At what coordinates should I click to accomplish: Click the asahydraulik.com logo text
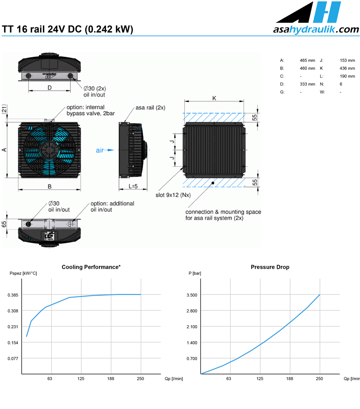click(316, 29)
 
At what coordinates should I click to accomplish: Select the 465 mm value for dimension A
click(307, 61)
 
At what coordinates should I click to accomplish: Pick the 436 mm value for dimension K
click(347, 68)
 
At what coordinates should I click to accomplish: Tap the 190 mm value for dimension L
click(347, 76)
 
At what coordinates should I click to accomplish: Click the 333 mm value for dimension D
click(307, 84)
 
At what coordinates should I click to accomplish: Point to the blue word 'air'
click(100, 150)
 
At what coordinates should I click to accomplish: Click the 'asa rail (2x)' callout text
click(150, 108)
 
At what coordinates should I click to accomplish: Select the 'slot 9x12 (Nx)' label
click(173, 195)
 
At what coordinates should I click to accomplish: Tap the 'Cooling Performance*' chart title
click(91, 267)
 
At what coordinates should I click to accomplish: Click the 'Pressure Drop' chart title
click(270, 267)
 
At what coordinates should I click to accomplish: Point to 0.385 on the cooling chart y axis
click(13, 295)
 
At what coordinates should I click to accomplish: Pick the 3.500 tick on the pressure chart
click(192, 295)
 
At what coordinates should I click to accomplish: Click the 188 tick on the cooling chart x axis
click(110, 378)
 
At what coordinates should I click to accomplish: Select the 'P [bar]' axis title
click(195, 273)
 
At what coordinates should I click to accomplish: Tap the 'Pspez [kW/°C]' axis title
click(23, 273)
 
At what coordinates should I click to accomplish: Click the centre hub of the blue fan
click(49, 150)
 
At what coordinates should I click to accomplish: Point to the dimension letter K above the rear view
click(214, 98)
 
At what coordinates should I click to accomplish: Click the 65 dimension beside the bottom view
click(4, 224)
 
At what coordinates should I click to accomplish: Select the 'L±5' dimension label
click(133, 186)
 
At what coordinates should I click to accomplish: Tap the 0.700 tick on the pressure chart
click(192, 359)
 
